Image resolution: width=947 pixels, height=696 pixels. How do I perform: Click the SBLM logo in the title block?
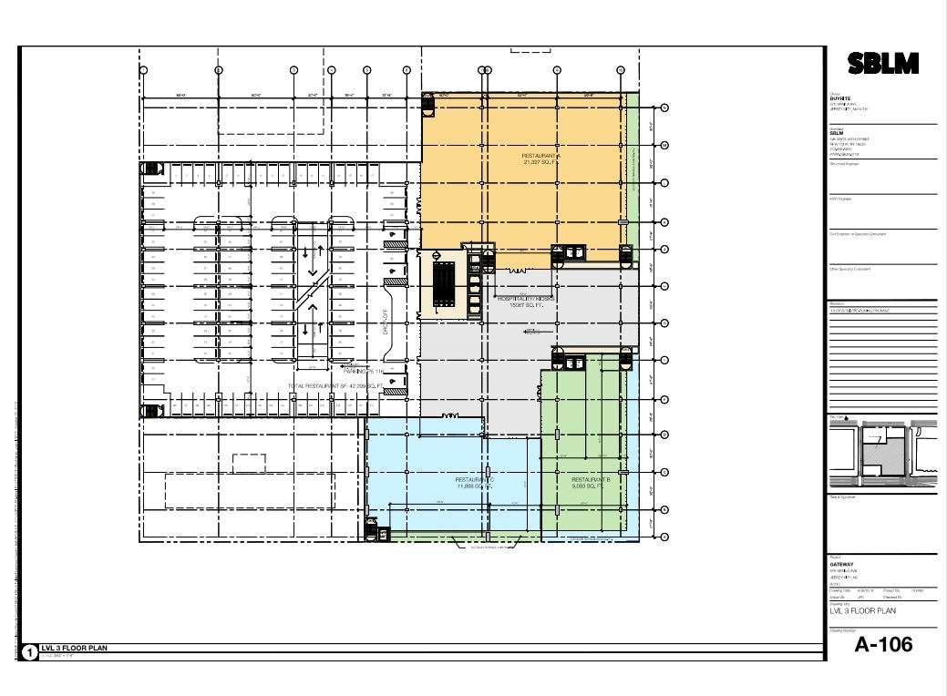pyautogui.click(x=882, y=64)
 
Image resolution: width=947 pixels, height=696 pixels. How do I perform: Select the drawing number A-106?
pyautogui.click(x=882, y=644)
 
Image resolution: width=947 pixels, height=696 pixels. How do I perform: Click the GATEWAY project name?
pyautogui.click(x=839, y=563)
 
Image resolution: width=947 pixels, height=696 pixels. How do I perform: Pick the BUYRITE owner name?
pyautogui.click(x=839, y=98)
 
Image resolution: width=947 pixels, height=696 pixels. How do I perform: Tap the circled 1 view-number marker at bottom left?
pyautogui.click(x=29, y=650)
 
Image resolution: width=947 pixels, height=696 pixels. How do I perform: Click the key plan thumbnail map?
pyautogui.click(x=881, y=453)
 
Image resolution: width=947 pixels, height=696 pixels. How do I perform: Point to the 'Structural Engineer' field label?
pyautogui.click(x=843, y=164)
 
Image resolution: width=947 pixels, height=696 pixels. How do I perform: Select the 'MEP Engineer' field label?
pyautogui.click(x=839, y=199)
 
